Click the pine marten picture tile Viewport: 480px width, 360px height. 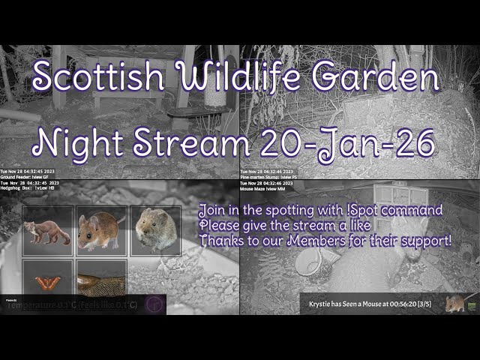(x=47, y=231)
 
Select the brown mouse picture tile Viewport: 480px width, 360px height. (x=101, y=231)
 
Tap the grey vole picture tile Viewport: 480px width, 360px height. (x=155, y=231)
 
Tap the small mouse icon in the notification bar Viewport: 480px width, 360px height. (x=455, y=303)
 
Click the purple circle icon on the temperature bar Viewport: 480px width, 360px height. (x=154, y=304)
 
